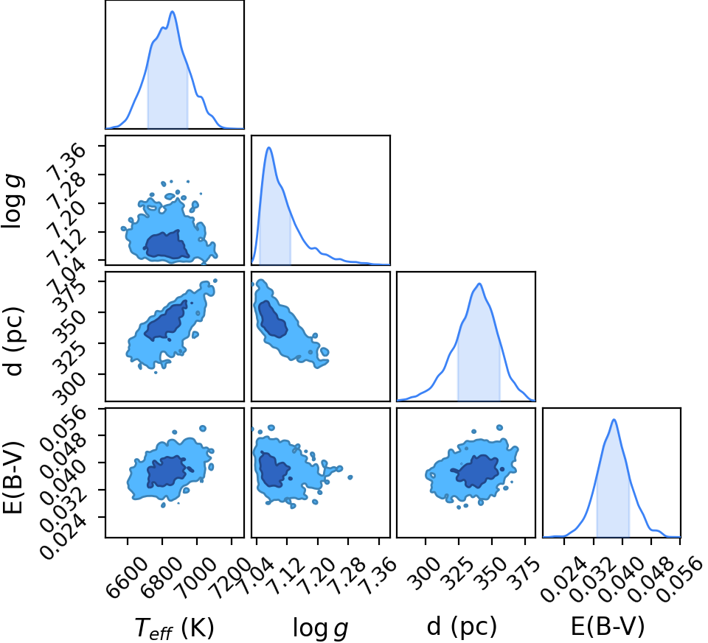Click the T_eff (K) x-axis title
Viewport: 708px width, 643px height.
click(x=174, y=628)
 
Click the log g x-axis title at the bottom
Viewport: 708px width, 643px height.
click(x=321, y=628)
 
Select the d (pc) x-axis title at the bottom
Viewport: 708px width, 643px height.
click(x=462, y=627)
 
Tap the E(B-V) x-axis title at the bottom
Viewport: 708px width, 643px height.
click(x=608, y=626)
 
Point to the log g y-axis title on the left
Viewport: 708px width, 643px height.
click(x=13, y=201)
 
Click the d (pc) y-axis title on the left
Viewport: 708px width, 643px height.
click(x=13, y=341)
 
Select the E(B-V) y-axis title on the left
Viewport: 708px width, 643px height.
click(x=13, y=477)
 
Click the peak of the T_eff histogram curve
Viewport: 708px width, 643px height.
click(x=173, y=11)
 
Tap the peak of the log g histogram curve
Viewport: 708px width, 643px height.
click(x=269, y=147)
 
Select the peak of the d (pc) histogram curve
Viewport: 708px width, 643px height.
click(x=479, y=284)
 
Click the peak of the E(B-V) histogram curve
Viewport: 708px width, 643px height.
click(x=614, y=420)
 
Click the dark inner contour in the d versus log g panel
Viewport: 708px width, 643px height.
click(x=272, y=319)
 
